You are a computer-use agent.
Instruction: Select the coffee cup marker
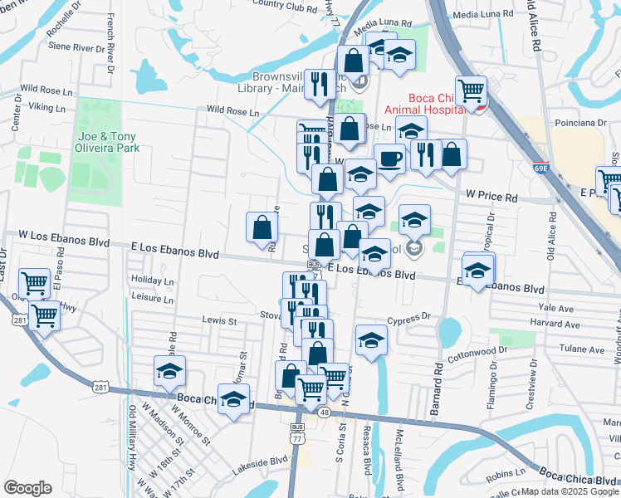pyautogui.click(x=389, y=159)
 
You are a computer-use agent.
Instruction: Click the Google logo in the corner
pyautogui.click(x=27, y=488)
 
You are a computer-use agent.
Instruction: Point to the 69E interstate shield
pyautogui.click(x=541, y=168)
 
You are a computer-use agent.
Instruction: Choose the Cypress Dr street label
pyautogui.click(x=414, y=316)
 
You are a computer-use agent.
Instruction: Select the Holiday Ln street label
pyautogui.click(x=152, y=281)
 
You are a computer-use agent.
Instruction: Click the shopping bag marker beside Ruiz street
pyautogui.click(x=262, y=227)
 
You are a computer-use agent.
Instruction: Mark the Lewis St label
pyautogui.click(x=219, y=320)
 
